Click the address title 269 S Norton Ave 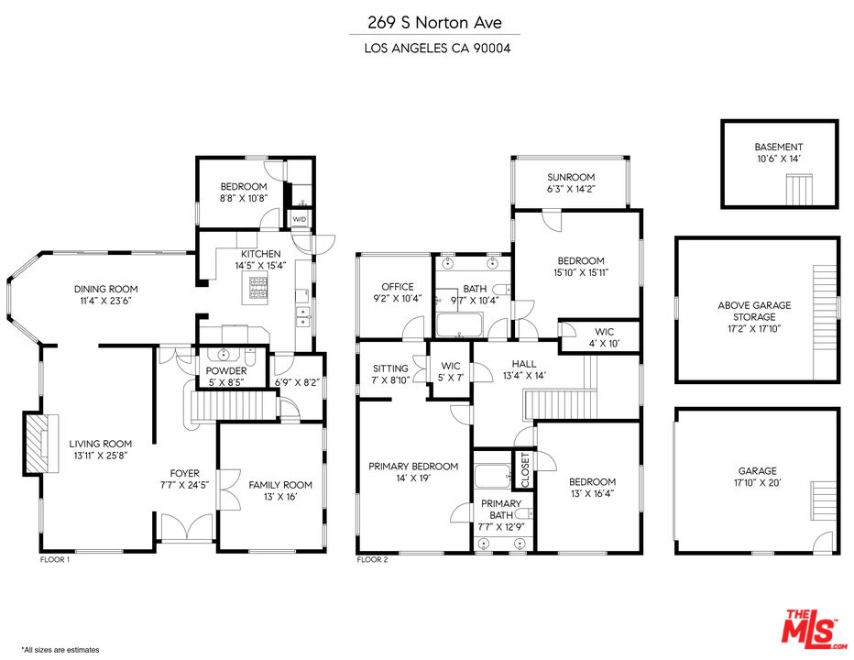point(434,22)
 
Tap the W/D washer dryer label point(300,220)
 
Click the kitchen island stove point(258,288)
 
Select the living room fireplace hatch point(38,442)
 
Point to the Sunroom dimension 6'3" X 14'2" point(571,189)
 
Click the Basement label point(778,147)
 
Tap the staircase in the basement point(799,190)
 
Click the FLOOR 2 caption point(372,560)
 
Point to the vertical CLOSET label point(526,470)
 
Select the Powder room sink point(224,356)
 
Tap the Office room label point(398,287)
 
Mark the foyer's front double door point(187,528)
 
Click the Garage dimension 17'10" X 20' point(758,483)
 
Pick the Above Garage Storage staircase point(825,322)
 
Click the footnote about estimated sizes point(60,650)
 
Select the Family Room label point(280,485)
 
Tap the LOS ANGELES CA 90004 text point(437,48)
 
